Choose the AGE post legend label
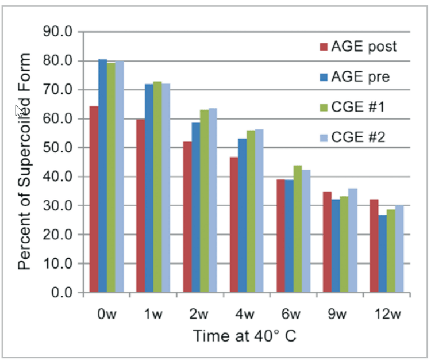364,47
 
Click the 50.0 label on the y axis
57,148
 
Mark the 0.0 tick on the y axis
61,293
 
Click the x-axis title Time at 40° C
244,336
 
